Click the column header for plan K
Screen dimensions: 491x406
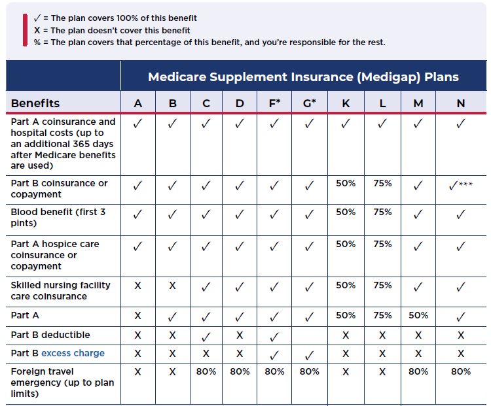pyautogui.click(x=346, y=103)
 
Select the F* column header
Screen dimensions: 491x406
pyautogui.click(x=274, y=103)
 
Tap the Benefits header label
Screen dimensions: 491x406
pyautogui.click(x=35, y=103)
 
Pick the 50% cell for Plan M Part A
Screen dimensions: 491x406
pyautogui.click(x=418, y=315)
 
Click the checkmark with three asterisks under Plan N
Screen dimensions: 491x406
pyautogui.click(x=461, y=186)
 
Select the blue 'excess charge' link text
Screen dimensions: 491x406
pyautogui.click(x=73, y=353)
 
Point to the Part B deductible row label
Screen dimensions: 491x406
pyautogui.click(x=50, y=335)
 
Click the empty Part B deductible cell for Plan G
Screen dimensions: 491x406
pyautogui.click(x=310, y=336)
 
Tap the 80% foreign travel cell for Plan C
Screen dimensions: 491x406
pyautogui.click(x=206, y=371)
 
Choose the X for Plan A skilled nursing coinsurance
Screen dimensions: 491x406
pyautogui.click(x=137, y=285)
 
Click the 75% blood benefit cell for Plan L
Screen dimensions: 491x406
pyautogui.click(x=382, y=212)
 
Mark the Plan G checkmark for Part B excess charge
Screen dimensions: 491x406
pyautogui.click(x=309, y=355)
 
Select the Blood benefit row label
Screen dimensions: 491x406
pyautogui.click(x=58, y=218)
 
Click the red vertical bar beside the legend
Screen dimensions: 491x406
pyautogui.click(x=25, y=30)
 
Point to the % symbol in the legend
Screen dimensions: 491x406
pyautogui.click(x=37, y=42)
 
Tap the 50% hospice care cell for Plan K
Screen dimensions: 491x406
pyautogui.click(x=346, y=244)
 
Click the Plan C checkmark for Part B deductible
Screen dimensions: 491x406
pyautogui.click(x=206, y=337)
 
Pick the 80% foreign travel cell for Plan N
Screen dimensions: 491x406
pyautogui.click(x=461, y=371)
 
